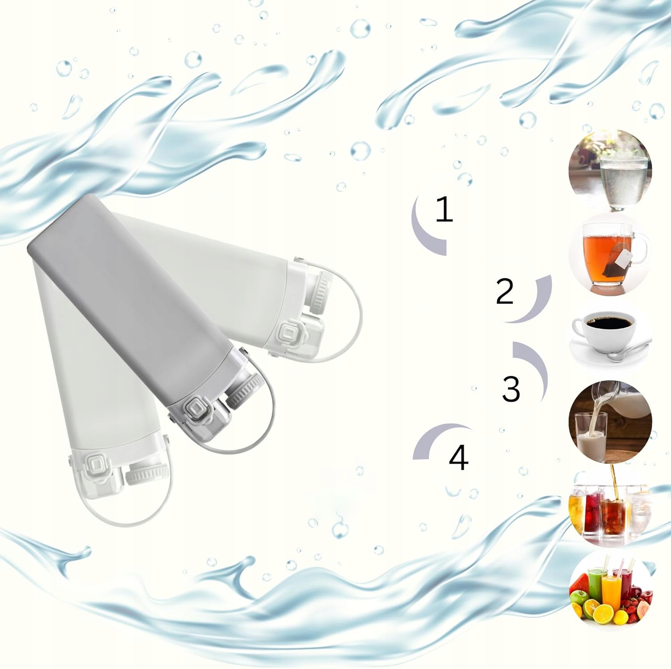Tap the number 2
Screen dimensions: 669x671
coord(505,291)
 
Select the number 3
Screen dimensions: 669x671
coord(510,388)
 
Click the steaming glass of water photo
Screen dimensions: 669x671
coord(610,170)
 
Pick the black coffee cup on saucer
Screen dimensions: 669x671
coord(610,332)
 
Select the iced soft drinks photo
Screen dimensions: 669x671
coord(609,508)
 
